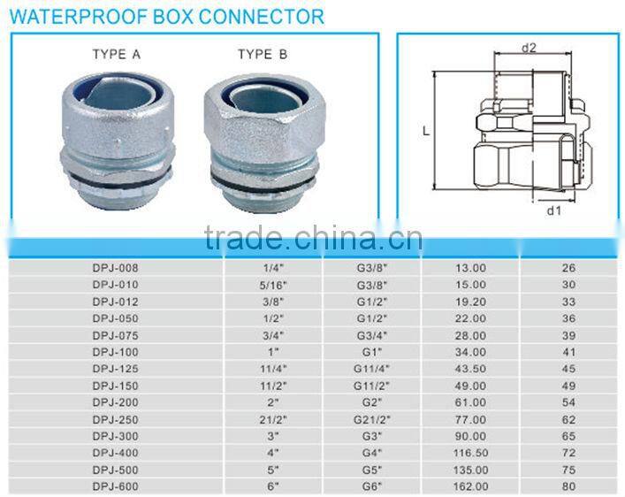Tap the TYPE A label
[x=117, y=55]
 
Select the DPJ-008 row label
[x=115, y=268]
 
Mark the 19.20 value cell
[x=470, y=300]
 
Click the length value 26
[x=568, y=268]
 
